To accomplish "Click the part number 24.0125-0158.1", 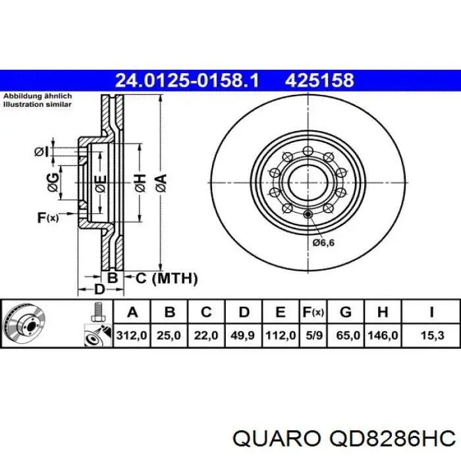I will [x=187, y=80].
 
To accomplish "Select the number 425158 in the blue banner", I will [x=319, y=80].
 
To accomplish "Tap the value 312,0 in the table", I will [x=132, y=335].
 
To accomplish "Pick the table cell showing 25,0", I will [x=169, y=335].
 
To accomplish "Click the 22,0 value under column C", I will [x=205, y=335].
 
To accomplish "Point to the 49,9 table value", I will [x=242, y=335].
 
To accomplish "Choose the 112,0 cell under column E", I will [x=279, y=335].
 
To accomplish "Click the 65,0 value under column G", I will [x=348, y=335].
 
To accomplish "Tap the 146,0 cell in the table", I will [x=384, y=335].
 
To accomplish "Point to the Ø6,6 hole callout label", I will [x=323, y=243].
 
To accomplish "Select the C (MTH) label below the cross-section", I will [x=166, y=279].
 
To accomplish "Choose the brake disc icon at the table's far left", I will [x=24, y=324].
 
